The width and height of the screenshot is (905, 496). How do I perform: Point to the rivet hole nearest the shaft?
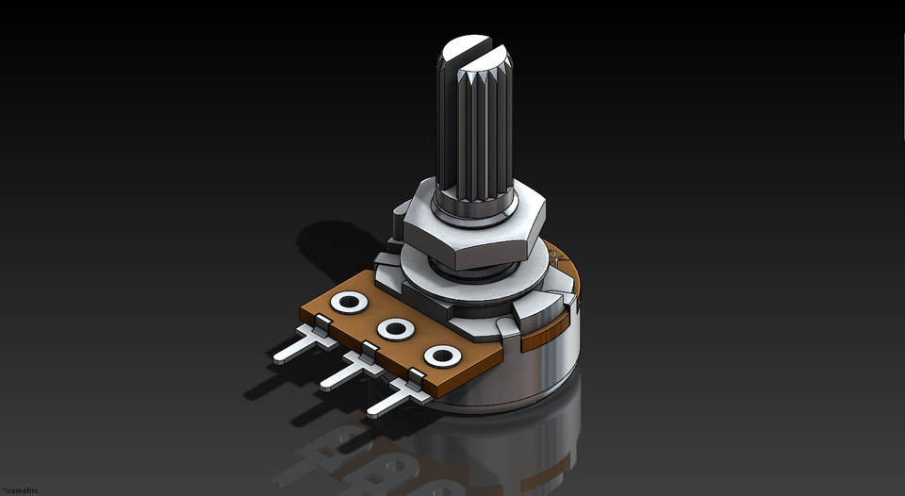[x=350, y=303]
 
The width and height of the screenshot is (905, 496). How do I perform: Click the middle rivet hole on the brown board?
[x=394, y=329]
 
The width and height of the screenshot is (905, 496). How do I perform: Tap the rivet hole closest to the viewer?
[x=439, y=355]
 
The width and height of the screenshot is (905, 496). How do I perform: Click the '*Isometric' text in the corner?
[x=20, y=489]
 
